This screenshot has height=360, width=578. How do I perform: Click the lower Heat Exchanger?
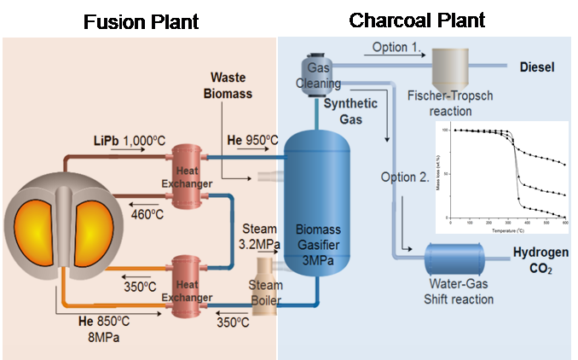tap(192, 285)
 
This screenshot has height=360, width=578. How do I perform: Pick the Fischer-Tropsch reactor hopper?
tap(455, 68)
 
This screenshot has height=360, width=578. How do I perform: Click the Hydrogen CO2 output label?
tap(539, 262)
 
